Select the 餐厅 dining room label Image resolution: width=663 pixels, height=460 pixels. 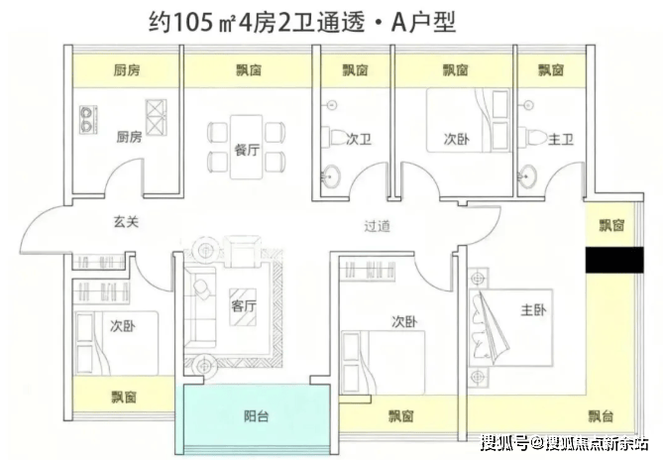pos(247,151)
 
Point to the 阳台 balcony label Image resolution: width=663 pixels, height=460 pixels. pos(256,416)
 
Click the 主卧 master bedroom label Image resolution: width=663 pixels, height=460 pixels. pos(533,311)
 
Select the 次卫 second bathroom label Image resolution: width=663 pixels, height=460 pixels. pos(360,141)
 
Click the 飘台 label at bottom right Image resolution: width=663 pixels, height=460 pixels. pos(601,416)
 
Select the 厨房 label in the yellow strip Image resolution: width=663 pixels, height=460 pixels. pos(124,70)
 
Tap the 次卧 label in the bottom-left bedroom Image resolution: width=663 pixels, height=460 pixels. pos(123,325)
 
